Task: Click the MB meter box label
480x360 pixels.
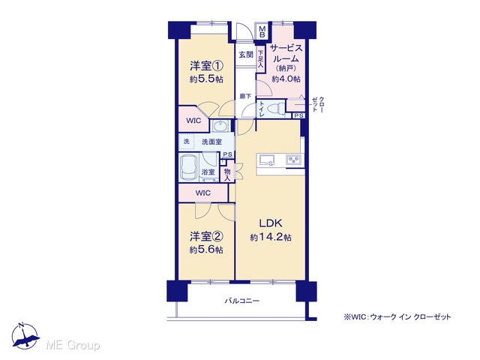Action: (262, 31)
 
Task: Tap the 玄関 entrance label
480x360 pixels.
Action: (246, 55)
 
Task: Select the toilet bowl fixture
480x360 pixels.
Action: (275, 108)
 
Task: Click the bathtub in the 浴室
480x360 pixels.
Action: (189, 167)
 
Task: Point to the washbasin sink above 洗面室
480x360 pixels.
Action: (219, 126)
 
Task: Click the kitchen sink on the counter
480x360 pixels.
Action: (267, 160)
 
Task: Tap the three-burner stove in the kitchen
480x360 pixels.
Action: (294, 160)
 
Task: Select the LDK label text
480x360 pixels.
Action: (271, 223)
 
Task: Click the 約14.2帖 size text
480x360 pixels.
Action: (271, 237)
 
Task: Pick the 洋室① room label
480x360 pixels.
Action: (206, 66)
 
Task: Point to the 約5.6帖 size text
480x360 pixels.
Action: (206, 250)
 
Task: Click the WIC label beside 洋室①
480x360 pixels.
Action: (193, 121)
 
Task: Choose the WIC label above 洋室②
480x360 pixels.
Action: (203, 193)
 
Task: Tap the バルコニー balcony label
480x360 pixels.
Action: (242, 301)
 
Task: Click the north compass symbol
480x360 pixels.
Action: (25, 336)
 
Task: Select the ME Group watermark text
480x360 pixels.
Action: (73, 345)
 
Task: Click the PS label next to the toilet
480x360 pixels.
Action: (299, 115)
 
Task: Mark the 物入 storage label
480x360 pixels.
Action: (227, 175)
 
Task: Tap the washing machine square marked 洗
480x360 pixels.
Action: (187, 142)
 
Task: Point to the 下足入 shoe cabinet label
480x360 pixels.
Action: (260, 59)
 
